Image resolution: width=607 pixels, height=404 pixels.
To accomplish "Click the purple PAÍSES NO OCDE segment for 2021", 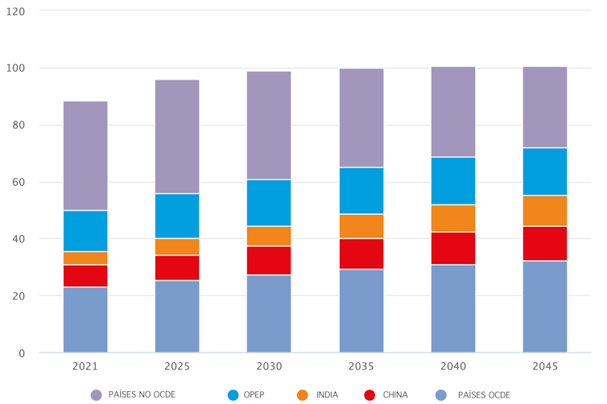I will (x=85, y=155).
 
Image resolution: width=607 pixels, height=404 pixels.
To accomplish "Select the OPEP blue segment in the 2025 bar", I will (x=177, y=216).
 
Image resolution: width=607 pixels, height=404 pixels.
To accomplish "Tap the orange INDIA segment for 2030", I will (x=269, y=236).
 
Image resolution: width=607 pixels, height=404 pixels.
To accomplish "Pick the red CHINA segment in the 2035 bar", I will (x=361, y=254).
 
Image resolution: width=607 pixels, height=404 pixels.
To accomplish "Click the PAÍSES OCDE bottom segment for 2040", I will (x=452, y=308).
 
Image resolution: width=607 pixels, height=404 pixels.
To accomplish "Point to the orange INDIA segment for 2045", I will (x=544, y=211).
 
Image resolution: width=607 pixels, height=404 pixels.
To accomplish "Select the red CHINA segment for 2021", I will (x=85, y=276).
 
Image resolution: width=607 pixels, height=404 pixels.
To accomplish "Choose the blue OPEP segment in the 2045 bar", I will (x=544, y=171).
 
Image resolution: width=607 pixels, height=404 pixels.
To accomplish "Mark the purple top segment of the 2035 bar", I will (x=361, y=117).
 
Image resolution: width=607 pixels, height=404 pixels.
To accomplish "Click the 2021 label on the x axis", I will (x=85, y=366).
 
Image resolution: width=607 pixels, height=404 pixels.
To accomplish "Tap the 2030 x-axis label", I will (x=269, y=366).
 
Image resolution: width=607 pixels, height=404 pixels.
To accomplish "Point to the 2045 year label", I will (x=544, y=366).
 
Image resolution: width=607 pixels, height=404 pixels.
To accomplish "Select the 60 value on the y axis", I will (x=19, y=183).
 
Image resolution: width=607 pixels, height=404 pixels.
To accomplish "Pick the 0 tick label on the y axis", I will (x=23, y=353).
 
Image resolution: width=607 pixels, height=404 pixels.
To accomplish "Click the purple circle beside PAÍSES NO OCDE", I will (x=97, y=395).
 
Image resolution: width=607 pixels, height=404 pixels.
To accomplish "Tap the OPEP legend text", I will (x=254, y=395).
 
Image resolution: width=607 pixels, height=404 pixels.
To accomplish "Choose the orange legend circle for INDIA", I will (x=303, y=395).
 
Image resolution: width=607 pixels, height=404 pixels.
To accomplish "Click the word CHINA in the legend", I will (x=396, y=395).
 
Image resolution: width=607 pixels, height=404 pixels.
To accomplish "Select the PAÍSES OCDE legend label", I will (x=484, y=395).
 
